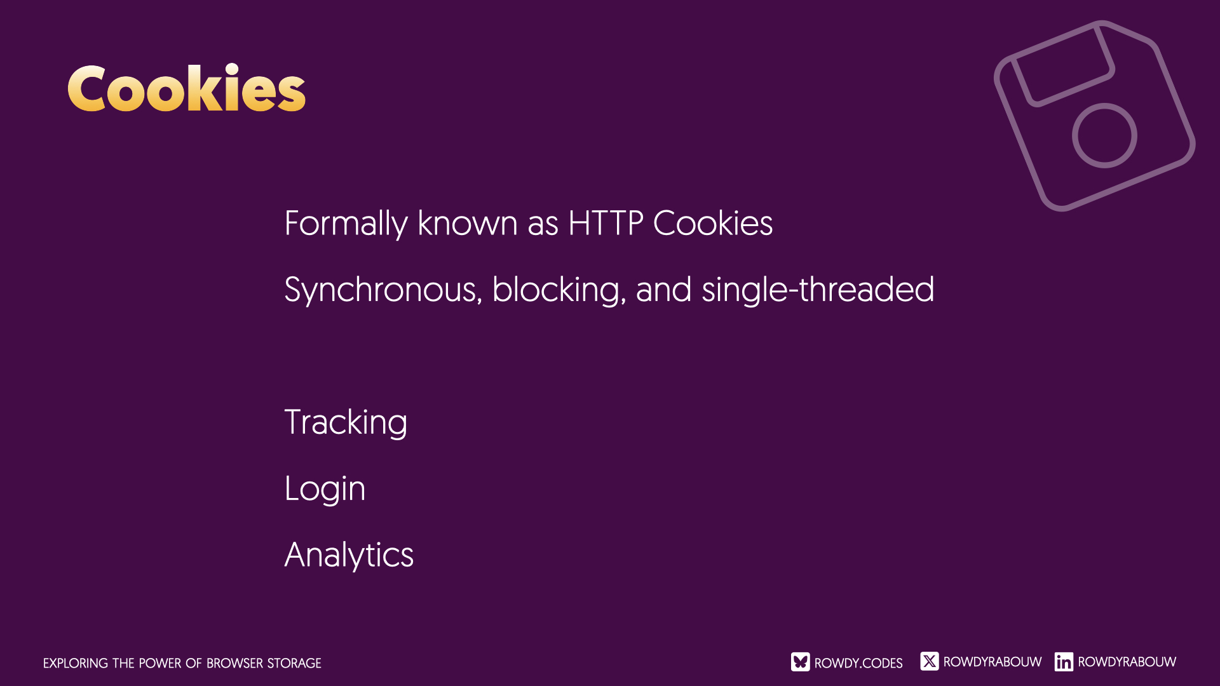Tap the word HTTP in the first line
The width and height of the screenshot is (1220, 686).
point(606,223)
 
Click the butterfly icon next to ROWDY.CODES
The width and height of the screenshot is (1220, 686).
point(801,662)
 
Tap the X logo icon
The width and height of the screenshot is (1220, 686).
point(930,661)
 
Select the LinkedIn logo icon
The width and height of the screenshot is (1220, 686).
point(1064,662)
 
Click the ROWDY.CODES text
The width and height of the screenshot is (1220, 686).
point(858,663)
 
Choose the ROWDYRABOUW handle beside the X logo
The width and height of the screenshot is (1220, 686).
point(993,662)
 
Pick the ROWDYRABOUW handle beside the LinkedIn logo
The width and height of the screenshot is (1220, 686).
point(1127,662)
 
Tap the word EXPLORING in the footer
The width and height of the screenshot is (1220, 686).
point(76,663)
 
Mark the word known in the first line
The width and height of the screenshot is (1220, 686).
point(468,223)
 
